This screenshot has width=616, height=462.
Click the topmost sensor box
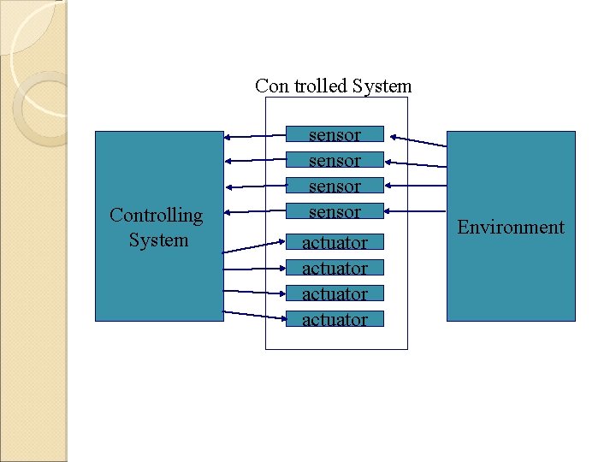[x=335, y=134]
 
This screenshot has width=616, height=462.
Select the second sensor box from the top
[x=335, y=160]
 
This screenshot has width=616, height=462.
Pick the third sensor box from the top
[x=335, y=186]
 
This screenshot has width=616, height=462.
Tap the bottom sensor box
[x=335, y=211]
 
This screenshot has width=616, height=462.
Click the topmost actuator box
[x=335, y=242]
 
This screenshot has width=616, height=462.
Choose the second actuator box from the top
[x=335, y=268]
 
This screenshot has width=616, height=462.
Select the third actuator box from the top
[x=335, y=293]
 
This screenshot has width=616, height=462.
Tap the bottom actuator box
[x=335, y=319]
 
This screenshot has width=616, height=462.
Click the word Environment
[x=511, y=227]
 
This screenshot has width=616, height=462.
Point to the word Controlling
[x=157, y=216]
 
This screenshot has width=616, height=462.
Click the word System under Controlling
[x=158, y=240]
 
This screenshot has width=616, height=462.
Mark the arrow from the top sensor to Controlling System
[x=254, y=135]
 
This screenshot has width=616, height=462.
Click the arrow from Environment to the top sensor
[x=416, y=140]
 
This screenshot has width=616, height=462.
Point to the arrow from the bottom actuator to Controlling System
[x=254, y=315]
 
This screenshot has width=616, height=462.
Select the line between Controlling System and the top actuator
[x=254, y=246]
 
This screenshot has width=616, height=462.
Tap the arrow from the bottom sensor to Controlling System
[x=254, y=211]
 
